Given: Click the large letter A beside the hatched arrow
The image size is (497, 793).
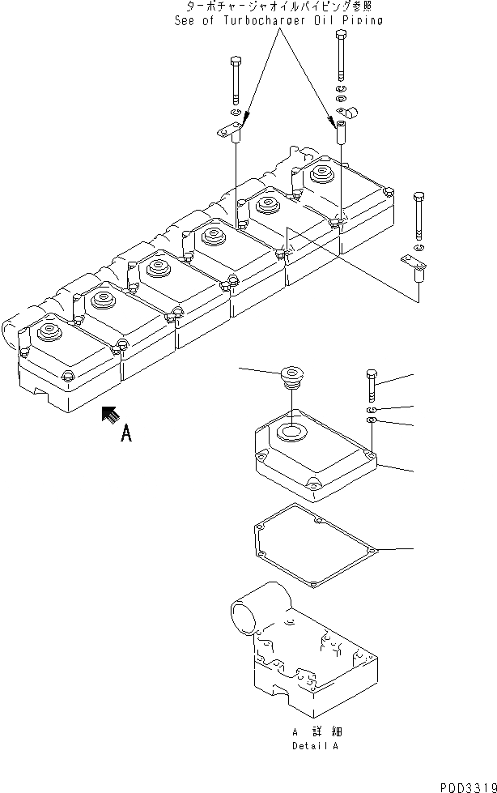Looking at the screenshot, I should tap(125, 435).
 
